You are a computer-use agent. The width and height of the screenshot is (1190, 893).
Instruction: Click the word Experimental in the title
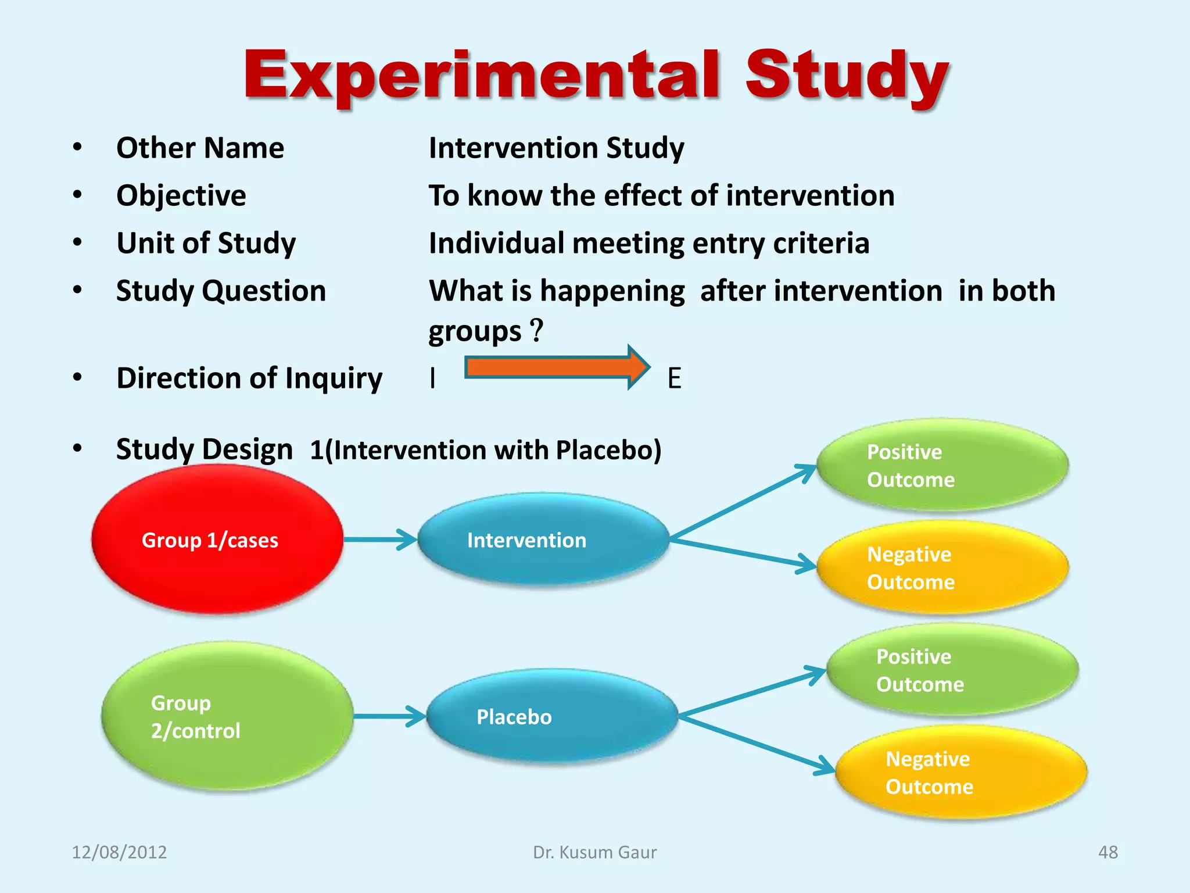click(x=482, y=76)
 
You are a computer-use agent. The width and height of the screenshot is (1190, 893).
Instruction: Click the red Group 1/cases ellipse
click(x=216, y=540)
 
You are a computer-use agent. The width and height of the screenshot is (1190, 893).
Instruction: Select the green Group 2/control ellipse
click(x=227, y=716)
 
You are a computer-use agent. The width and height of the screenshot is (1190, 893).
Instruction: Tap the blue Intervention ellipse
click(x=543, y=540)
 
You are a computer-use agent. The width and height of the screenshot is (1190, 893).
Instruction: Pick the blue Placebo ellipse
click(x=552, y=716)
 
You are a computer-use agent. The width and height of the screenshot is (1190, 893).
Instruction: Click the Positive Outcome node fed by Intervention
click(x=942, y=465)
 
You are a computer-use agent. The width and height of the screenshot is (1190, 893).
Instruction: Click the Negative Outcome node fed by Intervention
click(x=942, y=567)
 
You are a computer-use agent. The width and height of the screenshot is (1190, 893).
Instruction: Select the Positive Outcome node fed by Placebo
click(x=952, y=670)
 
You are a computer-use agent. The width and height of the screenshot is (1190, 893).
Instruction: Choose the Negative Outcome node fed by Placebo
click(x=961, y=772)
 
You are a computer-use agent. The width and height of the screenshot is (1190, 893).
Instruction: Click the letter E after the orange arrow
click(x=674, y=378)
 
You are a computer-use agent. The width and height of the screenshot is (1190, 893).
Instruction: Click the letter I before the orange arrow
click(x=432, y=378)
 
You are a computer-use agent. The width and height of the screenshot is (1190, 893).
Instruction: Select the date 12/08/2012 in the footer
click(x=119, y=852)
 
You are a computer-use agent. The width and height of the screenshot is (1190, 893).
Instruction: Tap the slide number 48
click(x=1107, y=852)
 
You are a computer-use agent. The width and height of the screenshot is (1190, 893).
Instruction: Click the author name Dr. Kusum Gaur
click(x=594, y=852)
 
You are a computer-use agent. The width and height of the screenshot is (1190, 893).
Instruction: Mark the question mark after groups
click(x=537, y=330)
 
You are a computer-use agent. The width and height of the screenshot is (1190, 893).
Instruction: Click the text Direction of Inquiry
click(x=249, y=378)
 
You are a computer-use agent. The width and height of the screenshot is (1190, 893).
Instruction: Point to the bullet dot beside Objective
click(x=77, y=195)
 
